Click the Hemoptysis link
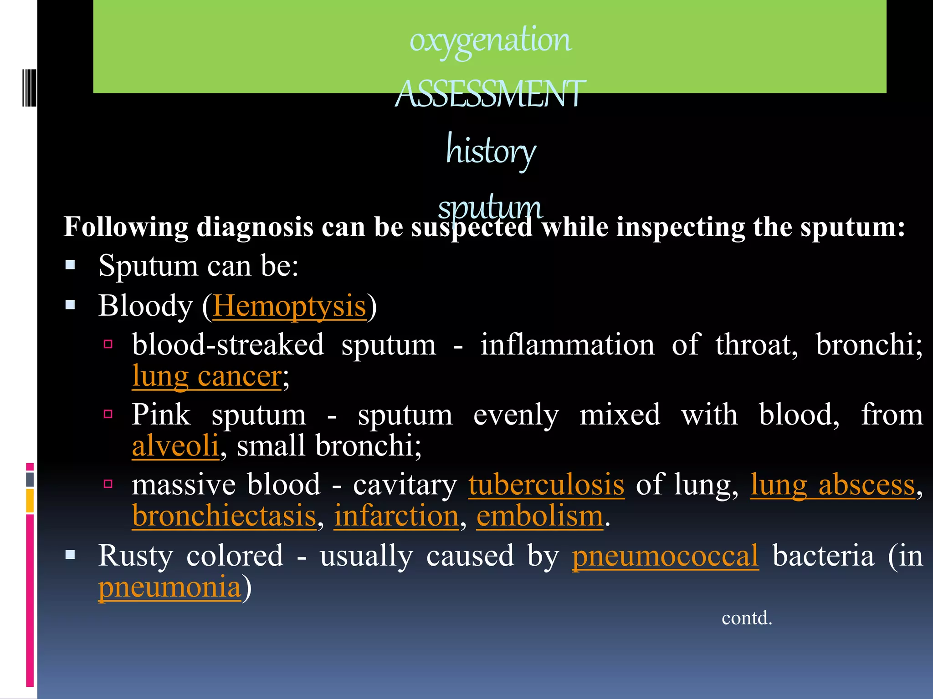coord(289,306)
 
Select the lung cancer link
coord(207,377)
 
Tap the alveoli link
coord(175,446)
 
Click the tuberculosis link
coord(546,485)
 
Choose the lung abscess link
coord(832,485)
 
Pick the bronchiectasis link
coord(224,516)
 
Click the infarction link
coord(396,516)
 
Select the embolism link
coord(540,516)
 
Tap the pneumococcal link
coord(665,556)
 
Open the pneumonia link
coord(169,587)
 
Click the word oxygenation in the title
coord(490,40)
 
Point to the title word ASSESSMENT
coord(490,94)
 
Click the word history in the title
coord(491,150)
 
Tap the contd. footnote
coord(747,618)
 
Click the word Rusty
coord(135,556)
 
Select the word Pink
coord(161,415)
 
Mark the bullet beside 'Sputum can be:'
coord(70,265)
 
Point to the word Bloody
coord(145,306)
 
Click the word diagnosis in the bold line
coord(255,227)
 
